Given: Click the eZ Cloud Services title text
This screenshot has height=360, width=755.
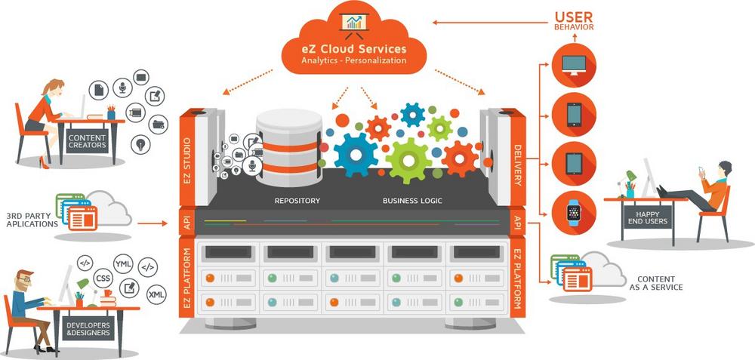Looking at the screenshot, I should pyautogui.click(x=354, y=49).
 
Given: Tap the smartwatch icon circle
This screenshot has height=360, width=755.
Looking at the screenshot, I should pyautogui.click(x=574, y=214).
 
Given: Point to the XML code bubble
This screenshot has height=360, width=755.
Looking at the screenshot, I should pyautogui.click(x=157, y=294).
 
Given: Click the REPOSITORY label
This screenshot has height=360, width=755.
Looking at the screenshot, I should pyautogui.click(x=297, y=201).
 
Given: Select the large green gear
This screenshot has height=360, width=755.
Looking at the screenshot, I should pyautogui.click(x=408, y=160).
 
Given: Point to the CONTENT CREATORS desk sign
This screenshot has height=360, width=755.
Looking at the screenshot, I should pyautogui.click(x=88, y=142).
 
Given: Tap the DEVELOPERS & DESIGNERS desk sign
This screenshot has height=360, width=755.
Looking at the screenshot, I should pyautogui.click(x=88, y=328).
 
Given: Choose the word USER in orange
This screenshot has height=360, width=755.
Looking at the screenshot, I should pyautogui.click(x=574, y=16).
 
